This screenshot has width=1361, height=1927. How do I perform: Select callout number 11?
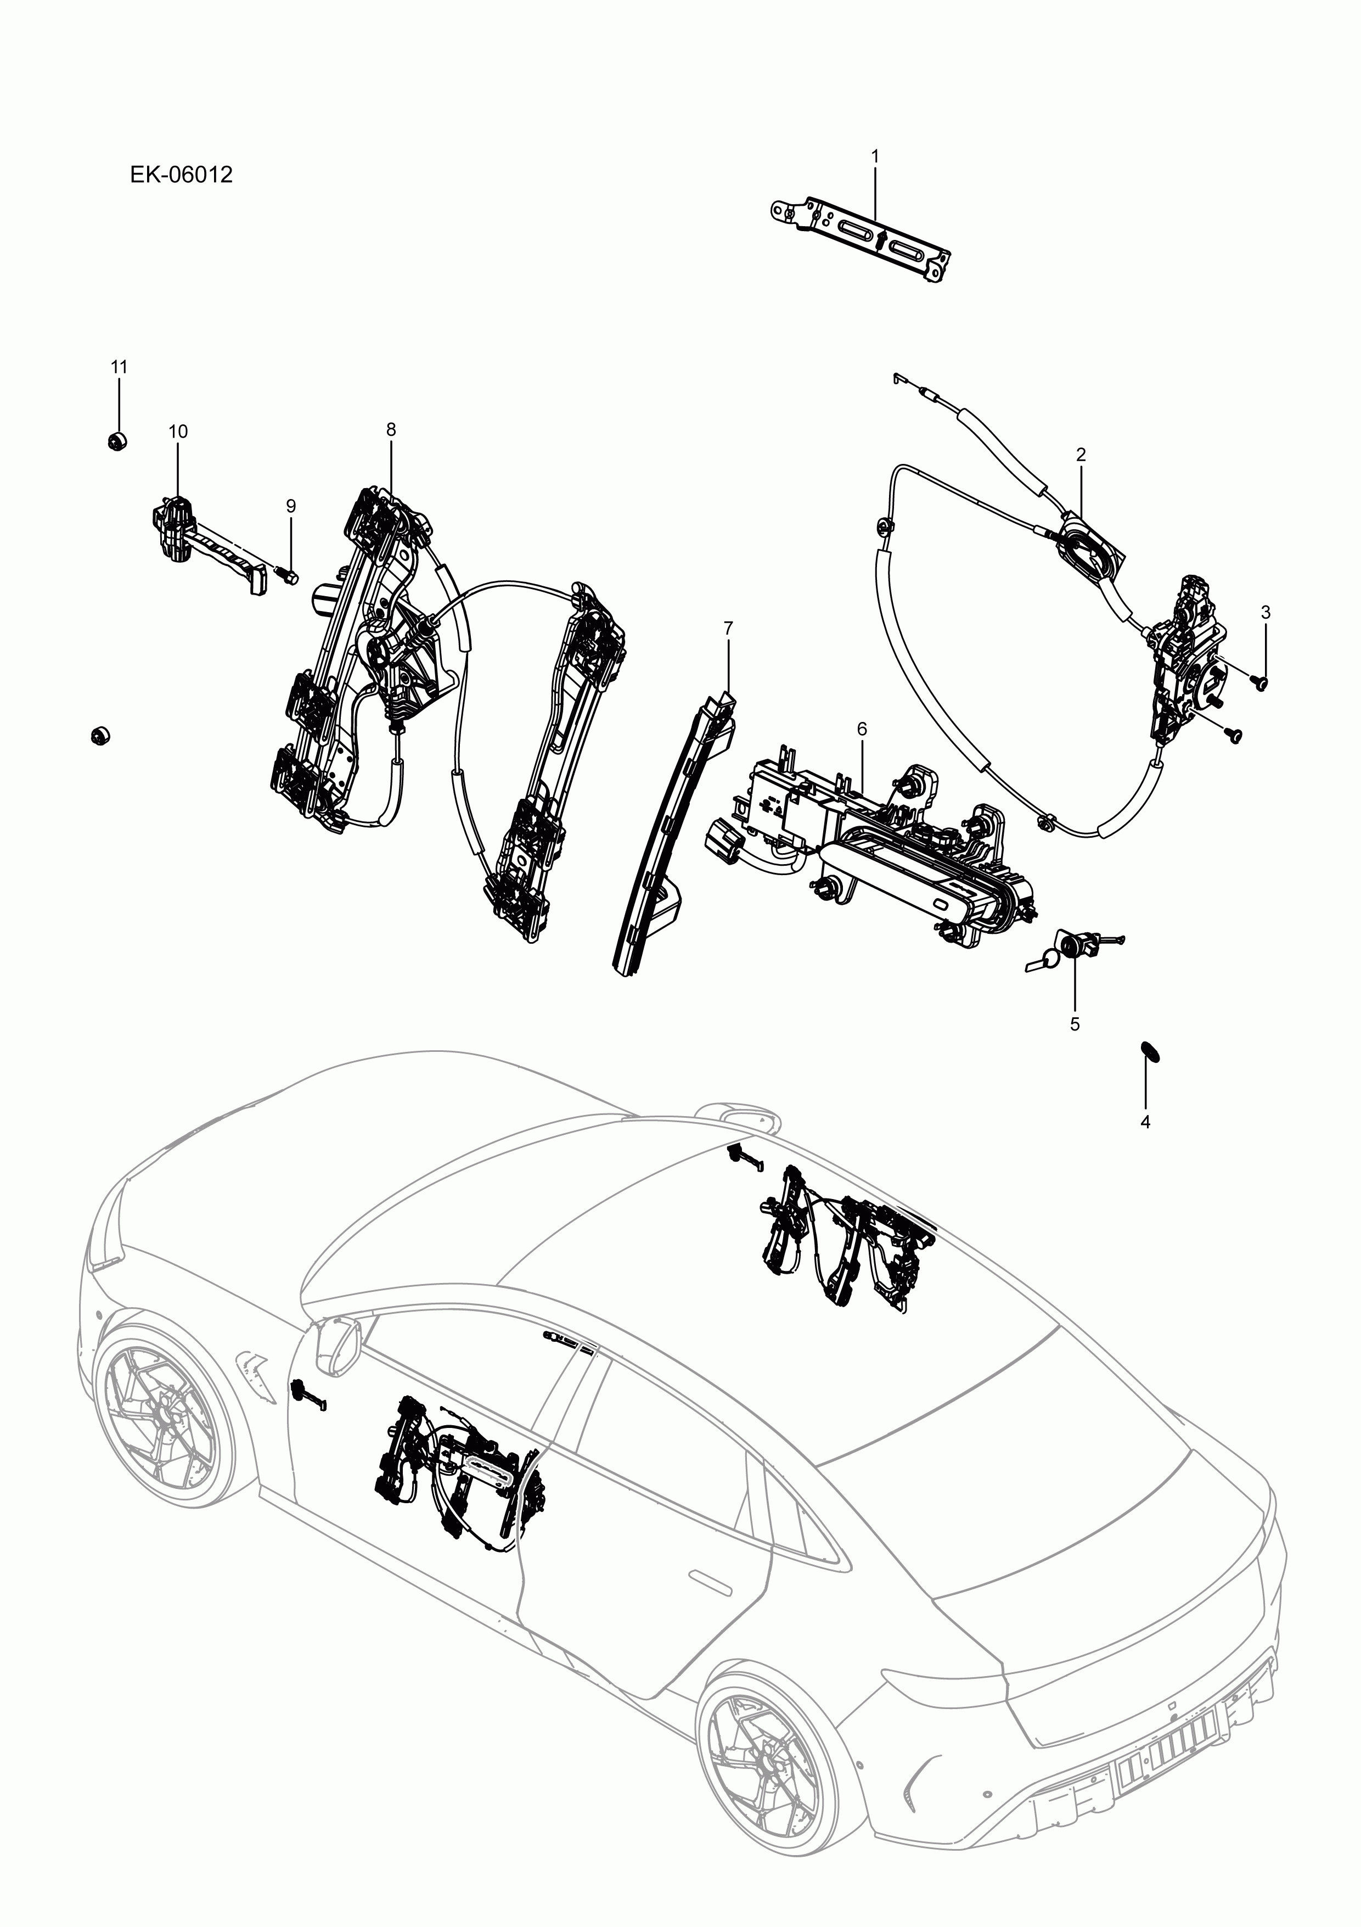119,367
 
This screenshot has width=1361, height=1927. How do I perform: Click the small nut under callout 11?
117,441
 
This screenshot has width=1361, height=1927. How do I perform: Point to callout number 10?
178,432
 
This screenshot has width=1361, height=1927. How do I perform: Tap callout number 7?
728,627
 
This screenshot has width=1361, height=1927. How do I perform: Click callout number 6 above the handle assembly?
862,729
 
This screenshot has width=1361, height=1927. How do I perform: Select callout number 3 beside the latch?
1266,613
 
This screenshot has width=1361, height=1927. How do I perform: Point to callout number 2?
1081,455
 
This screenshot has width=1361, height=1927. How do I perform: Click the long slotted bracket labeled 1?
864,238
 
